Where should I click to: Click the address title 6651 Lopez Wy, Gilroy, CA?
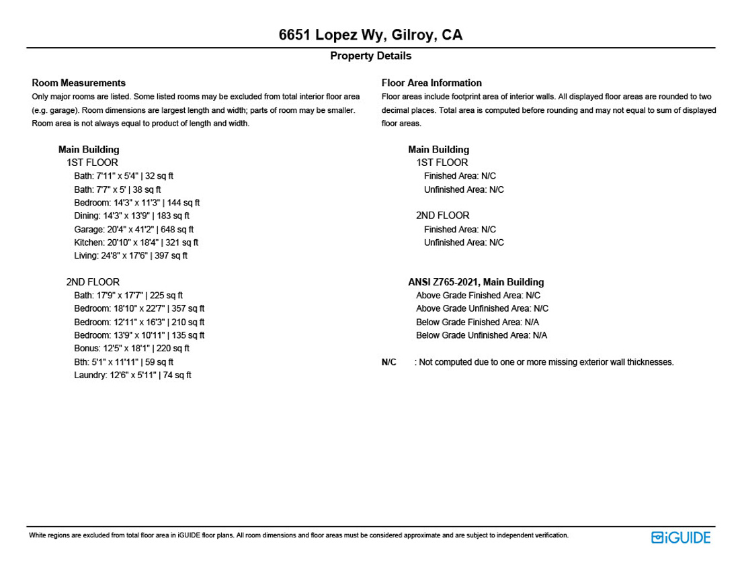point(370,35)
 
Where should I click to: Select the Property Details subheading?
point(370,56)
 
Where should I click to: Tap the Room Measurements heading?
point(79,83)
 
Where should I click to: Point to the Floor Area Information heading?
point(431,83)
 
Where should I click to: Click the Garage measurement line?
point(134,229)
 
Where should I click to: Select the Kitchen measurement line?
point(136,243)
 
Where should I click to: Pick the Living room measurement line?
point(130,255)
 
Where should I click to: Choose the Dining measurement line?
point(132,216)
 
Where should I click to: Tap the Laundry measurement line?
point(132,375)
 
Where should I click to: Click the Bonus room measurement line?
point(132,348)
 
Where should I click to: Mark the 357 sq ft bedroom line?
point(139,308)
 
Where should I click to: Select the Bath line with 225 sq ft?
point(128,295)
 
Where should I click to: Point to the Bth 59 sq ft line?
point(124,361)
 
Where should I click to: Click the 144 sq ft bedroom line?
point(137,202)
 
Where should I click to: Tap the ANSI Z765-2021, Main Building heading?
point(476,282)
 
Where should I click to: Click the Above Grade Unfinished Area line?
point(482,308)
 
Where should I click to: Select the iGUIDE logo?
point(680,537)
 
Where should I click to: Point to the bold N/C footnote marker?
point(388,362)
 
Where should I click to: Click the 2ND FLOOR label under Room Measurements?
point(93,282)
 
